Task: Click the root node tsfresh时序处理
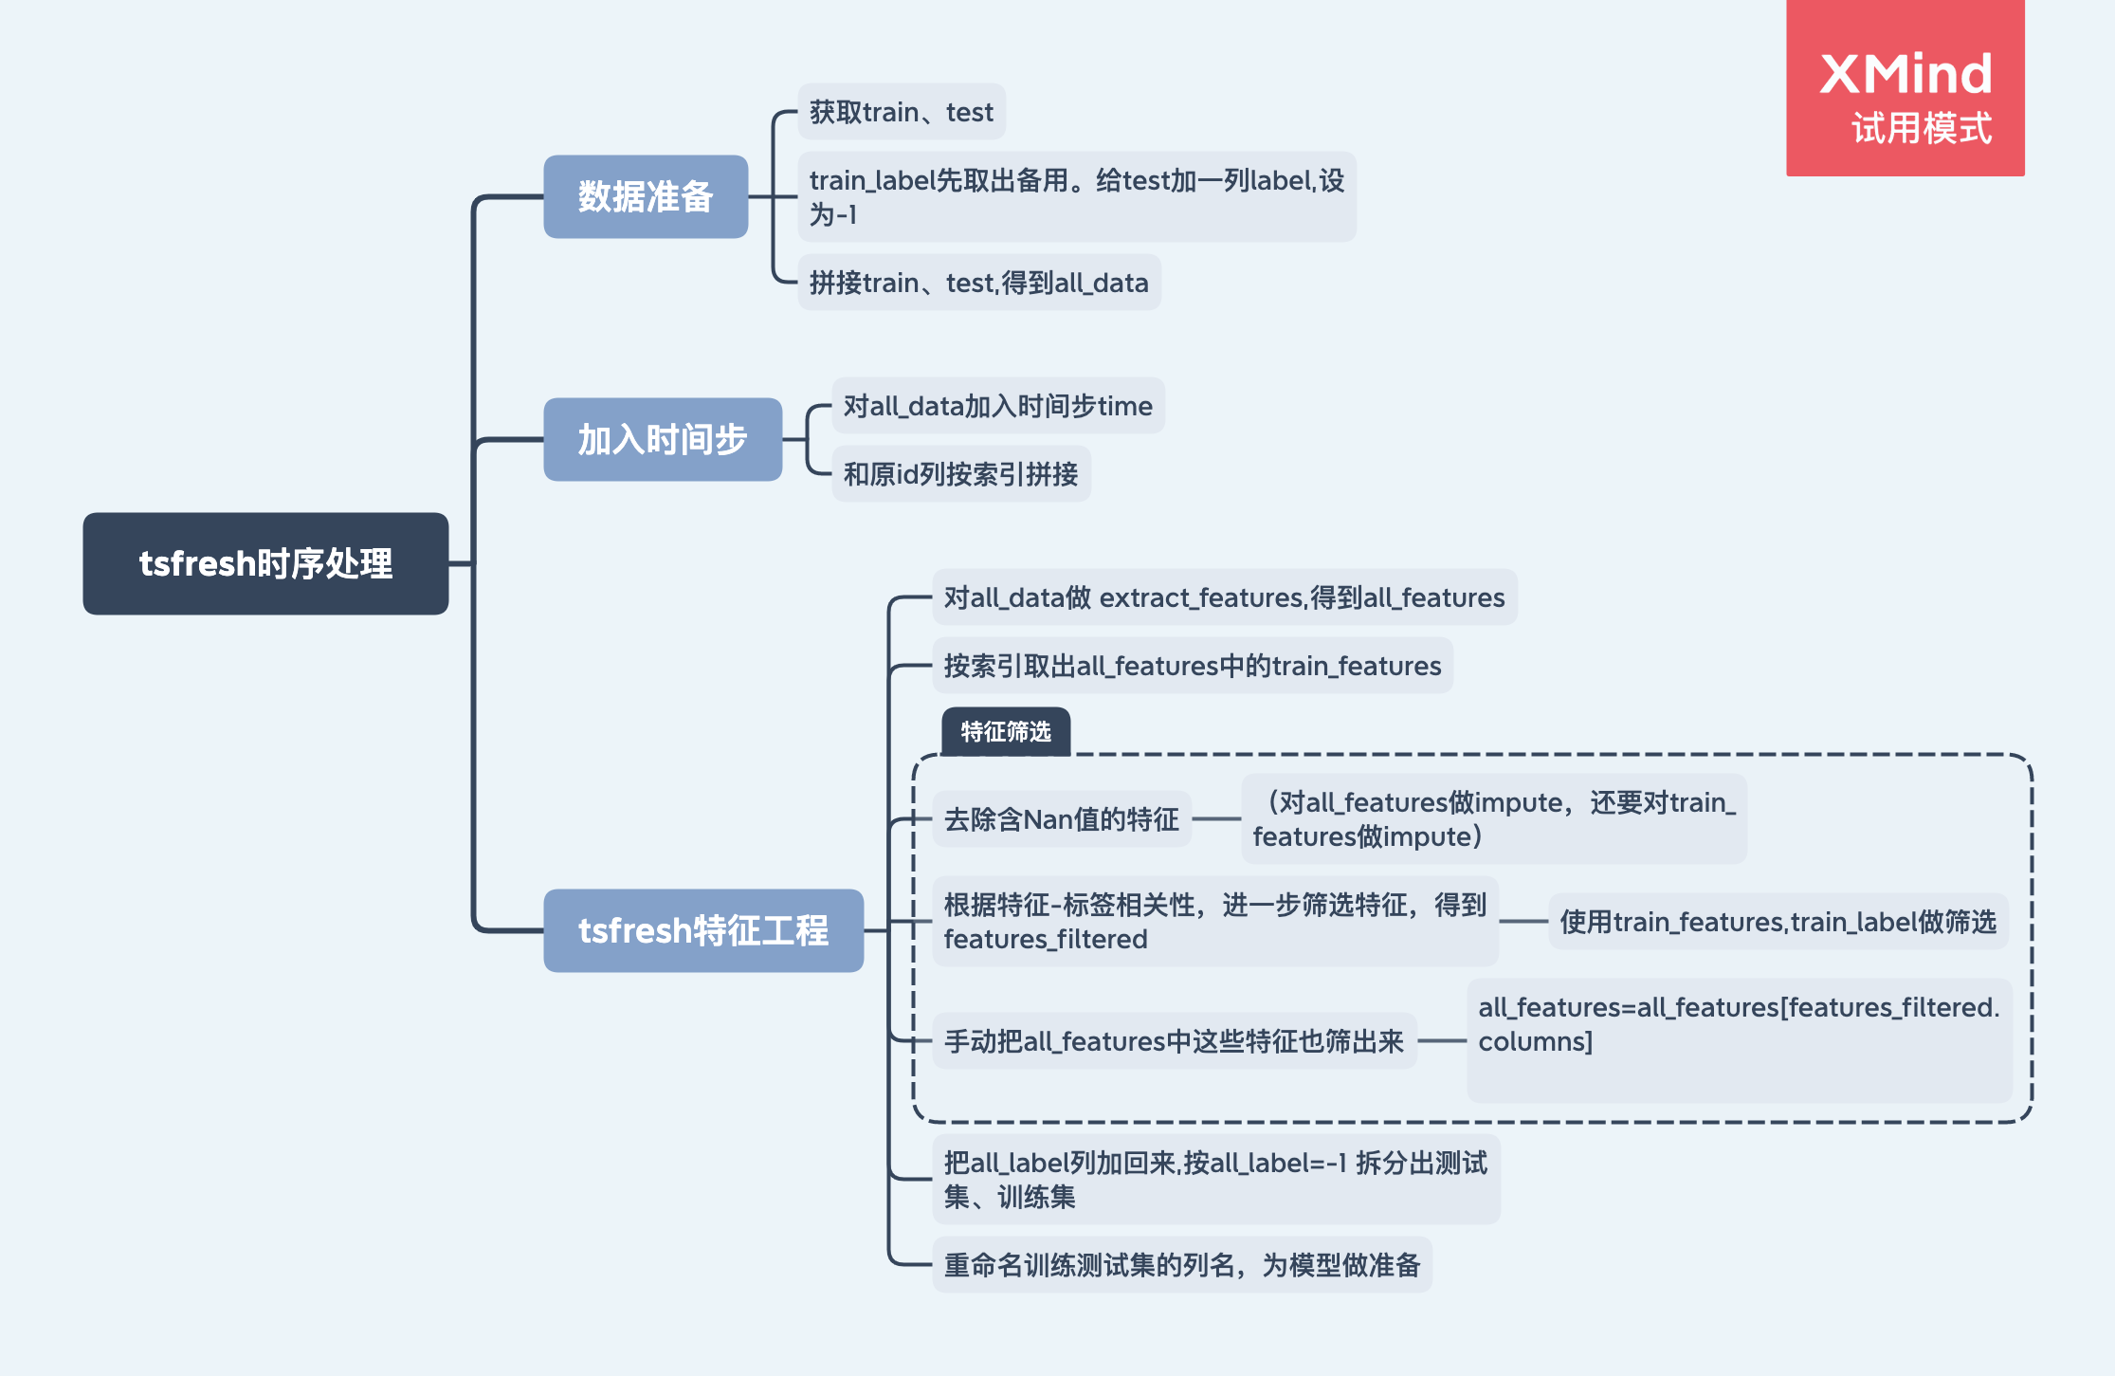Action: coord(265,563)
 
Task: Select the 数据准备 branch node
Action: coord(646,196)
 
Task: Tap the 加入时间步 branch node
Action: coord(663,439)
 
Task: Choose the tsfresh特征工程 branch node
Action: coord(703,930)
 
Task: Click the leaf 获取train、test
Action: coord(902,112)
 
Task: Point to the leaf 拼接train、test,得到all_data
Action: coord(979,283)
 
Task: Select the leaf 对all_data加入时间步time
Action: coord(998,406)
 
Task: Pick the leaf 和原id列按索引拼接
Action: coord(961,473)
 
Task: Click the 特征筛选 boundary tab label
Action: coord(1006,731)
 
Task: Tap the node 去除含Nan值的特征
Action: coord(1062,818)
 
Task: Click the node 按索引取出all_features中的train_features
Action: coord(1193,666)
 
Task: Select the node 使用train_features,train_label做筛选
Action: coord(1778,921)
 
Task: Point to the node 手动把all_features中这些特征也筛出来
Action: coord(1175,1041)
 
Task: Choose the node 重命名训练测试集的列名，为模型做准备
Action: coord(1182,1264)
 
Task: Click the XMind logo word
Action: coord(1905,74)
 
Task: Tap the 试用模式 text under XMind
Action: coord(1922,128)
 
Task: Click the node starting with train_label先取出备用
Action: coord(1077,197)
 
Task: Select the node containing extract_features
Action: coord(1225,597)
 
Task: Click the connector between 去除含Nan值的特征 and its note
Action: coord(1216,818)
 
